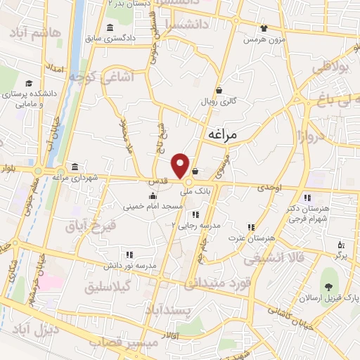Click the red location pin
(x=181, y=165)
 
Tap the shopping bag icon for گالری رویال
(x=219, y=90)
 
